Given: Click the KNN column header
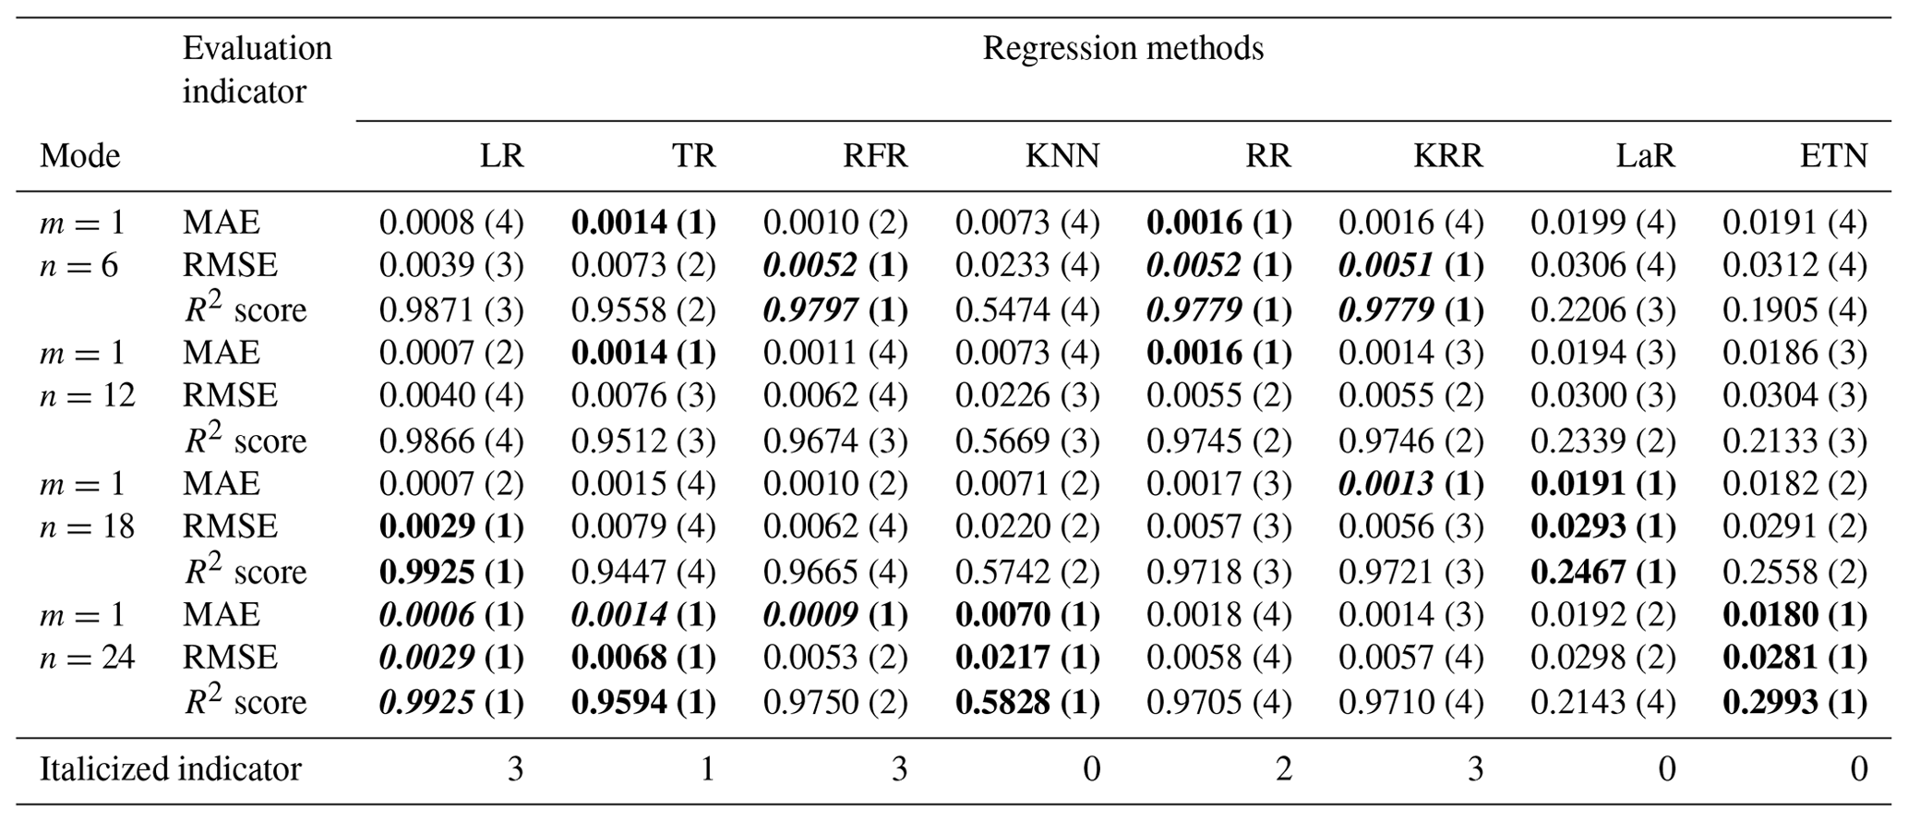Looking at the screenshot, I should [1062, 156].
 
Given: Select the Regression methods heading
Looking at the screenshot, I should [1122, 48].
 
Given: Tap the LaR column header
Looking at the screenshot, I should [1645, 156].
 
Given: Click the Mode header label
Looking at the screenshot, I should [79, 156].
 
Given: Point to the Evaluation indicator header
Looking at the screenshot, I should [257, 69].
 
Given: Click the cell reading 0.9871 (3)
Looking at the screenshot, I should [451, 309].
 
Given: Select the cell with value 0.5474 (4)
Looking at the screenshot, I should [1027, 309].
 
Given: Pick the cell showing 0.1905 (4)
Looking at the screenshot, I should [1794, 309].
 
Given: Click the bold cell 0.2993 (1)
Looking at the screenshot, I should [1794, 703].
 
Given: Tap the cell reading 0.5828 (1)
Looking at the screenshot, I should [1027, 703].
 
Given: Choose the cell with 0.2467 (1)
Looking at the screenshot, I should [1602, 572].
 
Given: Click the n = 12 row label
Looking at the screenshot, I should [87, 396].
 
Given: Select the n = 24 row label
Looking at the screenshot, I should [87, 659].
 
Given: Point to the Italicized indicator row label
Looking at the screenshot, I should [170, 769].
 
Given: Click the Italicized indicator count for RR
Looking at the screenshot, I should [1283, 769].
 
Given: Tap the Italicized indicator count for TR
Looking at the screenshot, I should [707, 769].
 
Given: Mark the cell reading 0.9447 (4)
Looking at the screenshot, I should [643, 572].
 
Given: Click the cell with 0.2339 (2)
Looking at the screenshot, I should [1602, 441].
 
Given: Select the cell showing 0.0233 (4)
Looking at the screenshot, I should [1027, 266].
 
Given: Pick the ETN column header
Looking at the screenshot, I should [1833, 156].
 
